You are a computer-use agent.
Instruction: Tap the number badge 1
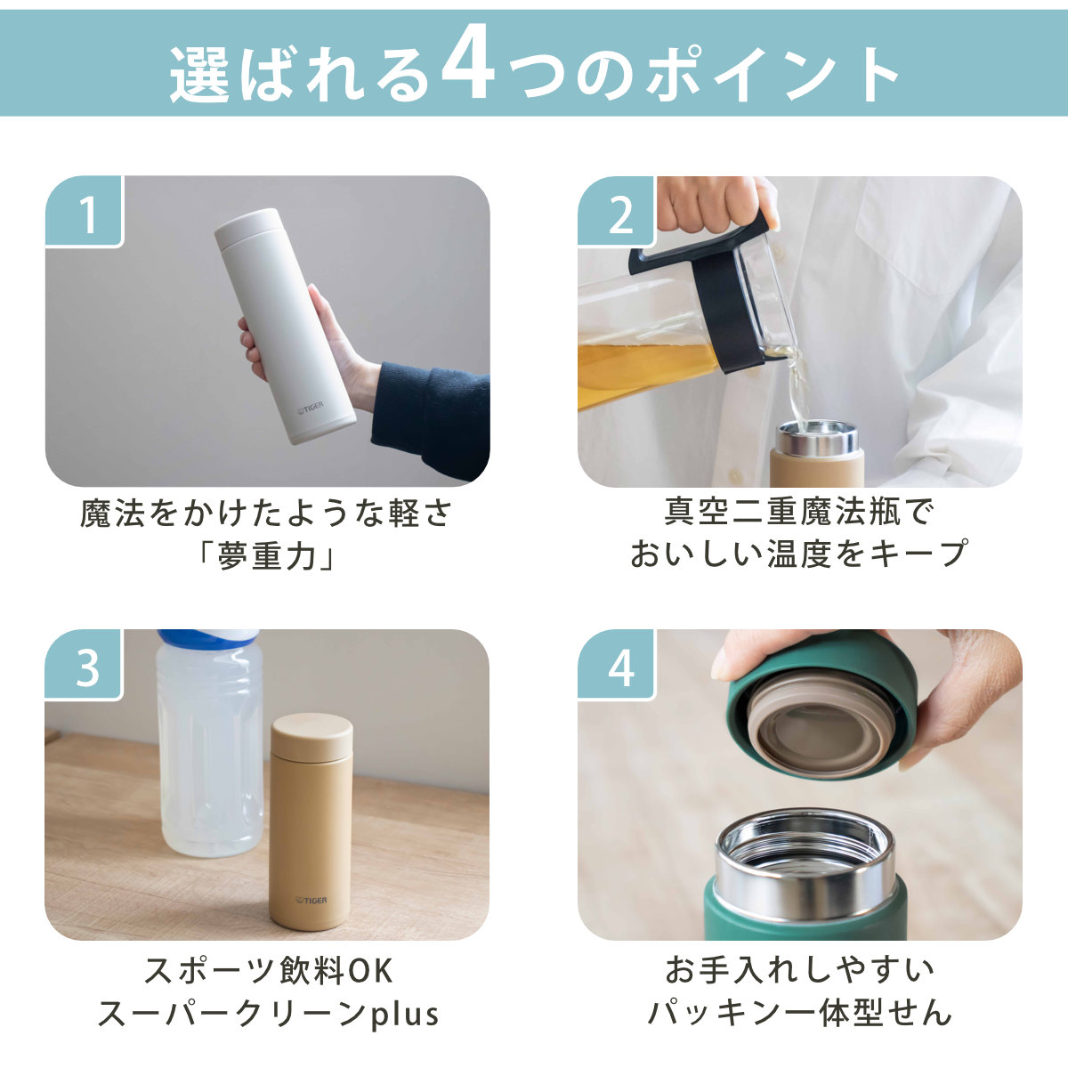85,211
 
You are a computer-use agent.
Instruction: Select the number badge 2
616,211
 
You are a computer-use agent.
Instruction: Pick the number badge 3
85,665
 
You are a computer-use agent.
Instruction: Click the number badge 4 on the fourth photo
616,665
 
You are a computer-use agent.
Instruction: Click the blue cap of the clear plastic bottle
208,637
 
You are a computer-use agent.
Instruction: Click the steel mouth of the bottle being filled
817,439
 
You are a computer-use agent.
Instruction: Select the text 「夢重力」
267,556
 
